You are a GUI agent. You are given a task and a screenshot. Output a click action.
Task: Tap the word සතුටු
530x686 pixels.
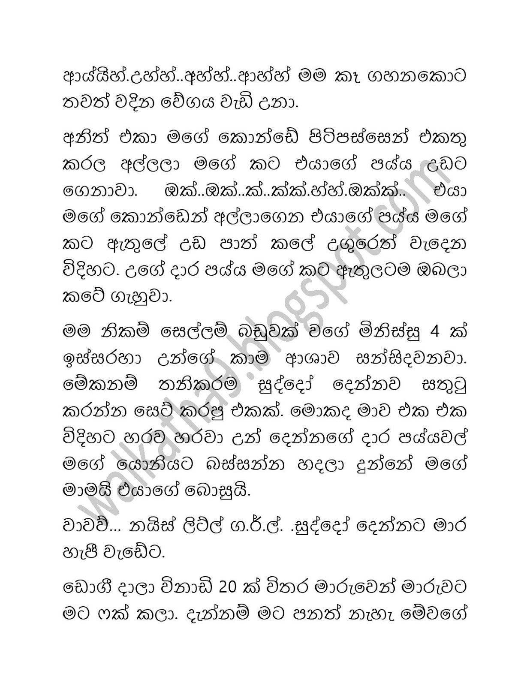point(443,385)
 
